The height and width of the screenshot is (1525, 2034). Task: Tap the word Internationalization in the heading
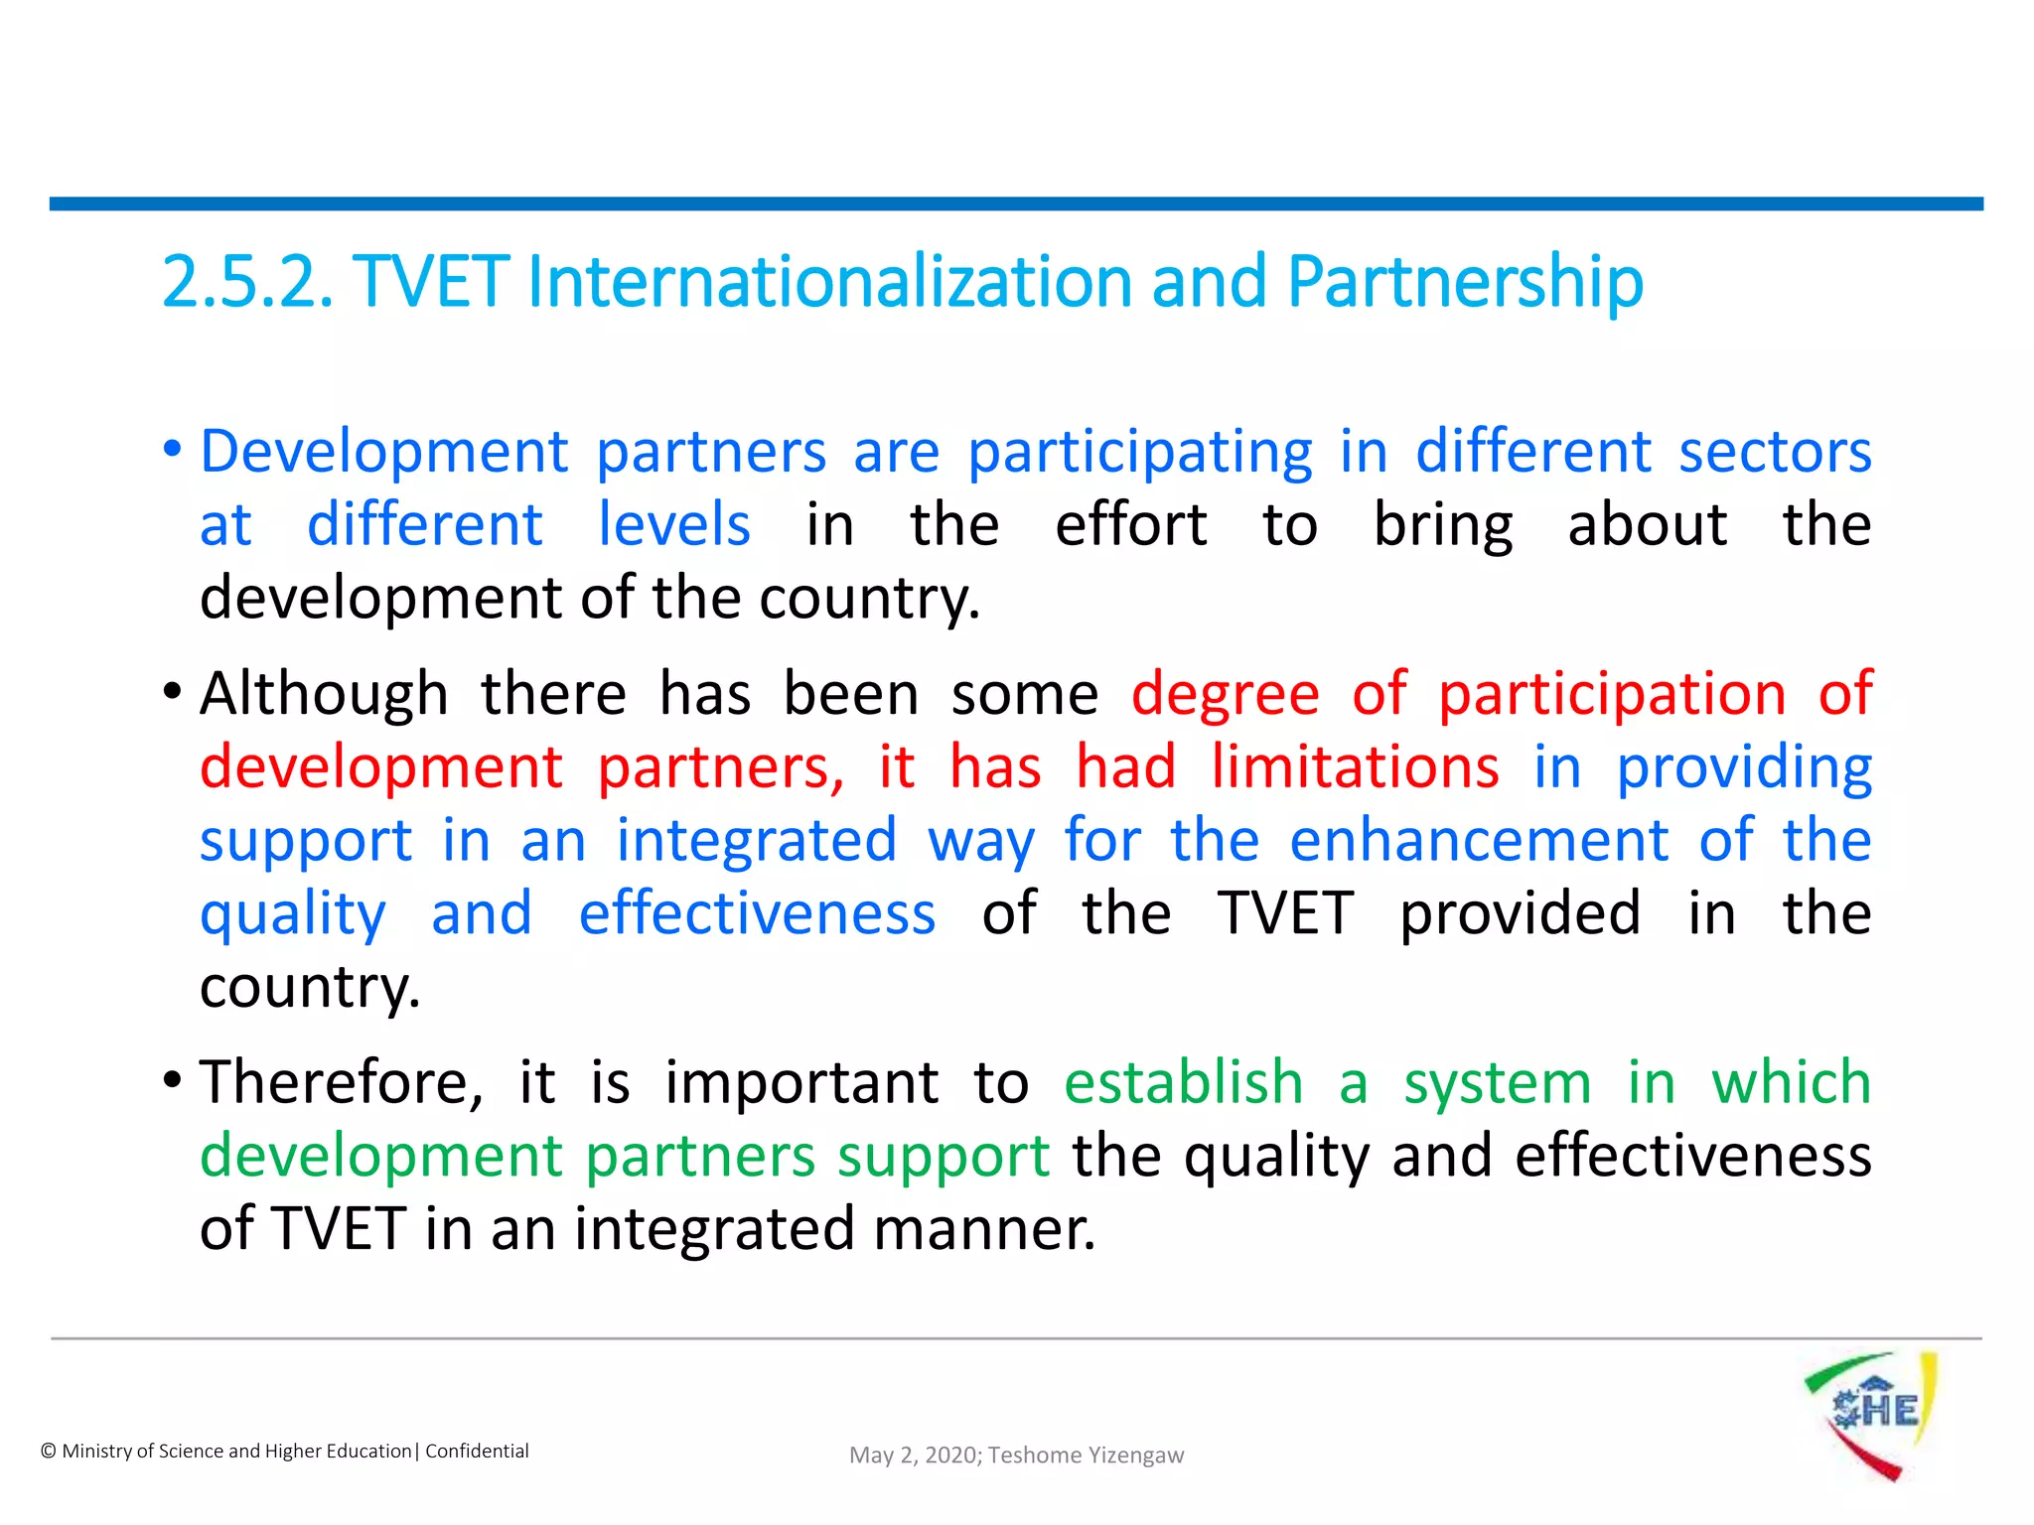[x=829, y=282]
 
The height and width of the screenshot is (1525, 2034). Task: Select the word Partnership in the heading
[x=1465, y=284]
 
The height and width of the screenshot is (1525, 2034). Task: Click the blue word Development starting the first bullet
[x=384, y=453]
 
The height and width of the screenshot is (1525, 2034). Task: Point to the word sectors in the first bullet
[x=1775, y=453]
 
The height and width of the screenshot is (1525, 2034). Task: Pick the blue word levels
[x=674, y=525]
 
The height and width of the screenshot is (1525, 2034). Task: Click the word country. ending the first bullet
[x=869, y=600]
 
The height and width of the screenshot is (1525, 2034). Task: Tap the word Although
[x=324, y=694]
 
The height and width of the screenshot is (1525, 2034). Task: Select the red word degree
[x=1225, y=694]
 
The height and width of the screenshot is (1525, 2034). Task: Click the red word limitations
[x=1355, y=767]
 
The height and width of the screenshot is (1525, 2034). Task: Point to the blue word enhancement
[x=1479, y=841]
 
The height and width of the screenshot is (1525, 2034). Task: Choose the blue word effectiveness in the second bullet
[x=757, y=913]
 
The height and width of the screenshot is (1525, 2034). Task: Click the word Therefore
[x=341, y=1082]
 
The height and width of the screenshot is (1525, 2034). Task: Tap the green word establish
[x=1183, y=1082]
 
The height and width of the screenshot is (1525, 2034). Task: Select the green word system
[x=1497, y=1084]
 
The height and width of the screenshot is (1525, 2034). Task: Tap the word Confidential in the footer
[x=477, y=1452]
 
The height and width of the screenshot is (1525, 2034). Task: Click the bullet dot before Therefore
[x=173, y=1080]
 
